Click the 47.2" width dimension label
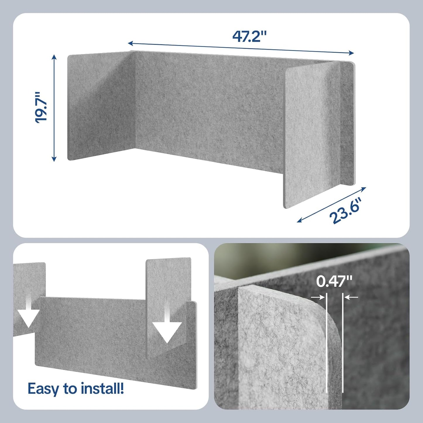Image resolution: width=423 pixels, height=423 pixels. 249,37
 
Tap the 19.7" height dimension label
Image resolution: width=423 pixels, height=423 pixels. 41,107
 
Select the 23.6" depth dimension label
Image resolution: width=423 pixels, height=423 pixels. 346,210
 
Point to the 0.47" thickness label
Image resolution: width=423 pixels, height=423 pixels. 334,282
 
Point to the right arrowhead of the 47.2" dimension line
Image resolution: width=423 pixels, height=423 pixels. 352,53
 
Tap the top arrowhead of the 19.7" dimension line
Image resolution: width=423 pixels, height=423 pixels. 54,56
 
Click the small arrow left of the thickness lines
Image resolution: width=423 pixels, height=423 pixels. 318,297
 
